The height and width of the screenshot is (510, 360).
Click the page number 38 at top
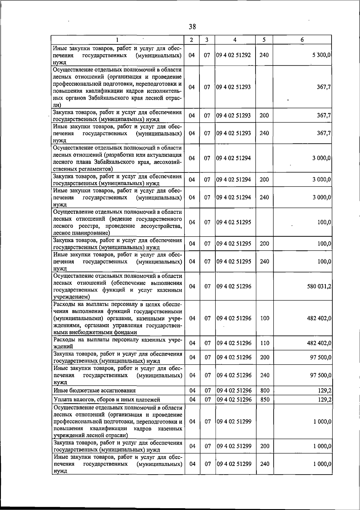(x=192, y=27)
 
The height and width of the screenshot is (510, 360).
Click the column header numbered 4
(x=235, y=40)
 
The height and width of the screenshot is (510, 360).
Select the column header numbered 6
(x=302, y=40)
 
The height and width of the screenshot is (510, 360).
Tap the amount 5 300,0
(x=321, y=55)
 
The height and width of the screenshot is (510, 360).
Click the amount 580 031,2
(x=319, y=286)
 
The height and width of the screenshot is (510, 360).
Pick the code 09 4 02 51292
(x=234, y=55)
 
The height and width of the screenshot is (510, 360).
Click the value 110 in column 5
(x=265, y=343)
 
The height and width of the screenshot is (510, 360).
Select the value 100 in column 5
(x=265, y=318)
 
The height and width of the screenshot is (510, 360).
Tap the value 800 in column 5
(x=265, y=390)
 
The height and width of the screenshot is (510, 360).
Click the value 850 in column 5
(x=265, y=399)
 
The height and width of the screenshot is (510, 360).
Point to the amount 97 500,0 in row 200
(x=320, y=357)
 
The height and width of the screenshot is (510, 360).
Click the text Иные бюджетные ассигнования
(x=94, y=390)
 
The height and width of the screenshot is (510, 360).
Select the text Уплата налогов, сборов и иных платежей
(x=106, y=399)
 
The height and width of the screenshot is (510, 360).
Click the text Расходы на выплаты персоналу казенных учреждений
(x=117, y=343)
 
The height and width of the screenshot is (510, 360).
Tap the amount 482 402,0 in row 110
(x=319, y=343)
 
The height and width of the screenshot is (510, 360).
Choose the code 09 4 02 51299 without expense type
(x=234, y=422)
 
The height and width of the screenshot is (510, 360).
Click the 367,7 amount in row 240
(x=324, y=133)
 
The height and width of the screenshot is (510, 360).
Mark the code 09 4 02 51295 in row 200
(x=234, y=244)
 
